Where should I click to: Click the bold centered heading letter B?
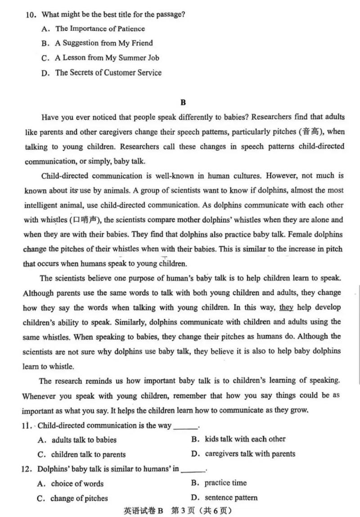183,102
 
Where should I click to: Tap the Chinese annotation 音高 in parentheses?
310,132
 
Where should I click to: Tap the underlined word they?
286,307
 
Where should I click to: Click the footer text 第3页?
186,511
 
